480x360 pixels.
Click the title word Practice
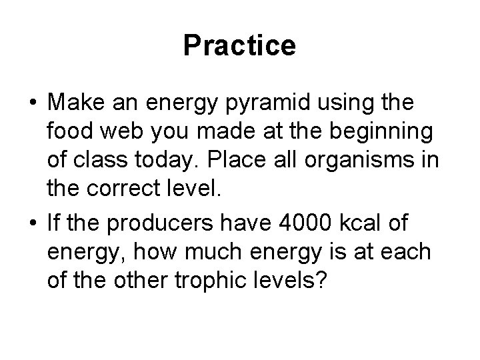(x=239, y=46)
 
